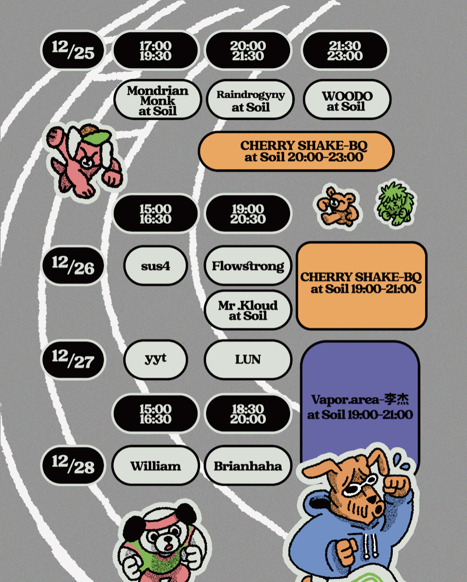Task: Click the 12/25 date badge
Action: [73, 50]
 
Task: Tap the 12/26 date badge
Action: [73, 264]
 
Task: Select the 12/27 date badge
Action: [73, 359]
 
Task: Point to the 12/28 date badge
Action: [73, 465]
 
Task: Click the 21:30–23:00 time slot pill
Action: [345, 51]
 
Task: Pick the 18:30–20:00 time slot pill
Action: [248, 414]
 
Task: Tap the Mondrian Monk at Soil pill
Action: [157, 100]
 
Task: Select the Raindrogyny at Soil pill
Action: [250, 100]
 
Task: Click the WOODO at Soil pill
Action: [347, 100]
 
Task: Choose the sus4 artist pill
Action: [155, 266]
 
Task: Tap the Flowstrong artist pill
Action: [248, 266]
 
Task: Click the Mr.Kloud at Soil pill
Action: [248, 310]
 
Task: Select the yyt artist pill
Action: [155, 359]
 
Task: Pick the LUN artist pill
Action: [248, 359]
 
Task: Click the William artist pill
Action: [156, 466]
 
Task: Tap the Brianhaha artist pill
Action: [248, 466]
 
